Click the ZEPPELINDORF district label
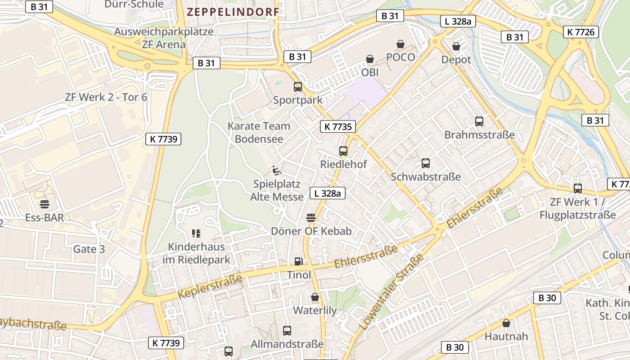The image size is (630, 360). tap(233, 12)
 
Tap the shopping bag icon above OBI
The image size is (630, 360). tap(370, 59)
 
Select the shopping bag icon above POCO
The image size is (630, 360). tap(400, 44)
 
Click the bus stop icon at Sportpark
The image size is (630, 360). tap(298, 87)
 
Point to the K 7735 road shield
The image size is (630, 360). tap(338, 126)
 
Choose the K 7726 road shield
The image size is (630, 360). tap(580, 31)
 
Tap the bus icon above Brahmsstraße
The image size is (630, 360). tap(479, 121)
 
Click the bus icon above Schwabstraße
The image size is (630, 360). tap(426, 163)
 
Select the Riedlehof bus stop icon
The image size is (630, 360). tap(343, 151)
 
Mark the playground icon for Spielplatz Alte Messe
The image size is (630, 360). tap(277, 171)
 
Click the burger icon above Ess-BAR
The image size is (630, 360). tap(44, 204)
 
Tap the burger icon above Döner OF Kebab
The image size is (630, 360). tap(310, 218)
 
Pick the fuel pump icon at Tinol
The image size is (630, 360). tap(298, 261)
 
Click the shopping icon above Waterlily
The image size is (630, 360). tap(315, 297)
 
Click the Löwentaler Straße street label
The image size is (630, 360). tap(392, 292)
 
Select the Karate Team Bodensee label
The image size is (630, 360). tap(259, 132)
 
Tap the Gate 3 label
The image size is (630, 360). tap(89, 249)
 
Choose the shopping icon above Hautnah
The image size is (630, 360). tap(506, 323)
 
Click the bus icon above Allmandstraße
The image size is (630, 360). tap(287, 331)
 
